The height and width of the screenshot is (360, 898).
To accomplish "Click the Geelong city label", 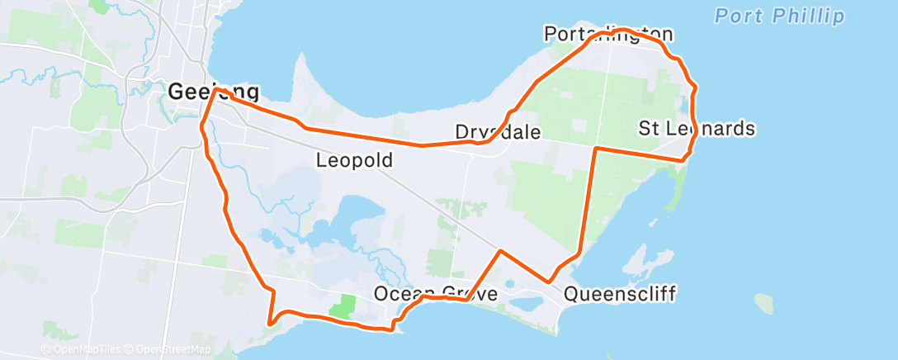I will [213, 92].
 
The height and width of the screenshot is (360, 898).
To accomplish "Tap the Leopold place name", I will [354, 160].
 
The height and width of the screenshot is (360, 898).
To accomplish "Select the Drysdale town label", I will [498, 132].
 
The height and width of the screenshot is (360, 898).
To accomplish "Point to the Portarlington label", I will [608, 35].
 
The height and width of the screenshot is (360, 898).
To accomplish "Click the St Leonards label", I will [697, 129].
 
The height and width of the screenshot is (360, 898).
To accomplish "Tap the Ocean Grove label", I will [435, 293].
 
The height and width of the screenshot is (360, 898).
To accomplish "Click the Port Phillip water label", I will [779, 16].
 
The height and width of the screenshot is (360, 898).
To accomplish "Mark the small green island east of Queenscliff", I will [764, 304].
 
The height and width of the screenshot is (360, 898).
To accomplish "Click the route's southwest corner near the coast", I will [269, 323].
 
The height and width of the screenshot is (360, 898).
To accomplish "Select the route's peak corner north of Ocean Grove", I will [500, 249].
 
